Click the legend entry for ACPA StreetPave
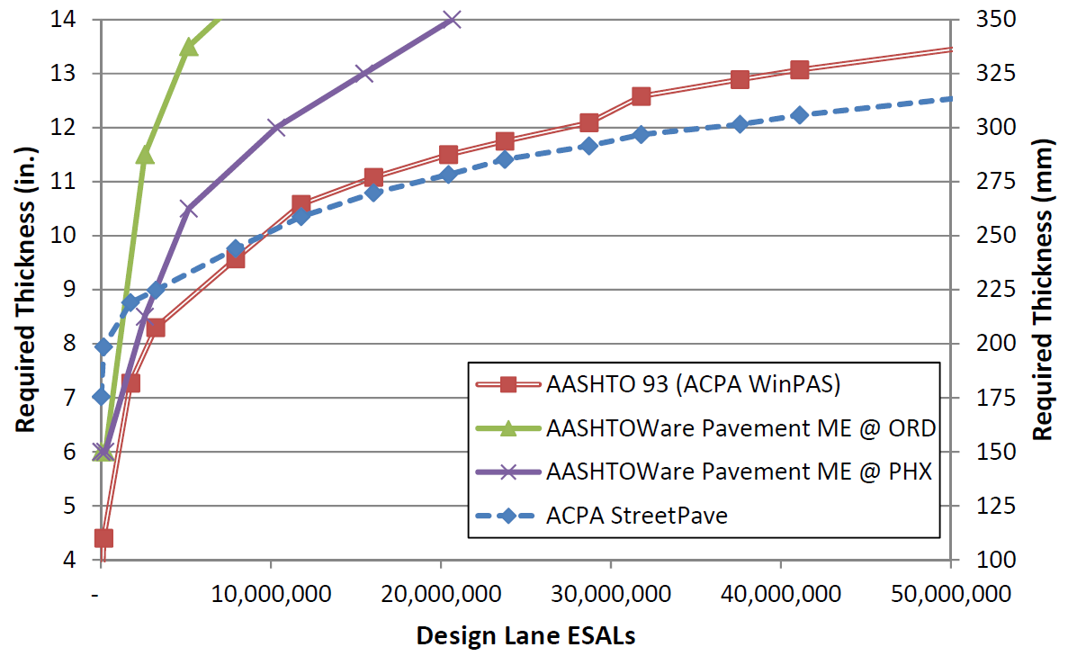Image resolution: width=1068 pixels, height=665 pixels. coord(636,517)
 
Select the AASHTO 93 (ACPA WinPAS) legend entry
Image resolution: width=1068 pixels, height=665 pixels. coord(693,384)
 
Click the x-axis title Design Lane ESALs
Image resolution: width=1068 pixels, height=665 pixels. coord(525,636)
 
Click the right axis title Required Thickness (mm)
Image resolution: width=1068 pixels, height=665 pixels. coord(1043,290)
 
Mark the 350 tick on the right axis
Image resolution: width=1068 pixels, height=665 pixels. coord(981,19)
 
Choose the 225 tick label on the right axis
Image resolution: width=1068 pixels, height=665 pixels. coord(981,290)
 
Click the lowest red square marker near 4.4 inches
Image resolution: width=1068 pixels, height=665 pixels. coord(103,538)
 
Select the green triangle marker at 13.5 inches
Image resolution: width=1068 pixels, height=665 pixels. coord(189,47)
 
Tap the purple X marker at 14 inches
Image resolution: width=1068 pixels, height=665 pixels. coord(452,19)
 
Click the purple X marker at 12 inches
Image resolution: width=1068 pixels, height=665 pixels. coord(276,127)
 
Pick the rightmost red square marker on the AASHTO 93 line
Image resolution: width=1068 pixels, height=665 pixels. coord(799,69)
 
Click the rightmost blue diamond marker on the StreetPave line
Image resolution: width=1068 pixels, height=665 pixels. coord(799,115)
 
